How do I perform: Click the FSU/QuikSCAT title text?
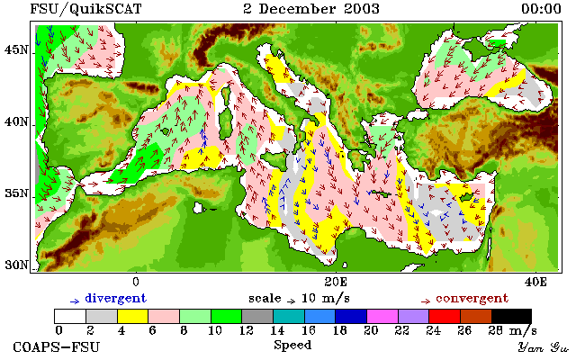click(85, 9)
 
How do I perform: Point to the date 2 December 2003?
click(311, 9)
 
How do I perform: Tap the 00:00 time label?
click(541, 9)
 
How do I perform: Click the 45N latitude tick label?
click(15, 49)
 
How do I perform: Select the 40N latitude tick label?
click(15, 121)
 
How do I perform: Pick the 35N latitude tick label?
click(15, 193)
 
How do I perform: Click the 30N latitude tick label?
click(15, 265)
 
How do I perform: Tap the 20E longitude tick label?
click(336, 282)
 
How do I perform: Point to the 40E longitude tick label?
click(535, 282)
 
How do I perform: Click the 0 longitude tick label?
click(136, 282)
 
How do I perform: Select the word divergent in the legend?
click(116, 299)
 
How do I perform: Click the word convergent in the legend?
click(472, 299)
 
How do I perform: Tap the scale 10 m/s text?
click(299, 299)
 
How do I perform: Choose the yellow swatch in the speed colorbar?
click(132, 317)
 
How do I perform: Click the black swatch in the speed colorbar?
click(511, 317)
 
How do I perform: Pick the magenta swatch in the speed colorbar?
click(382, 317)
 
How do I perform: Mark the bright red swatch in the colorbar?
click(445, 317)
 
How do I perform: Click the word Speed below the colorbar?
click(292, 346)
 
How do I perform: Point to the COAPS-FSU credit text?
click(57, 347)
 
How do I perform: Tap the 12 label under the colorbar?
click(247, 330)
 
